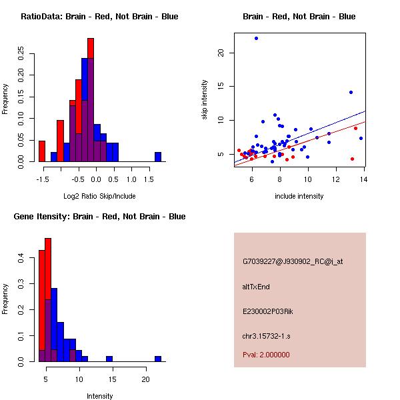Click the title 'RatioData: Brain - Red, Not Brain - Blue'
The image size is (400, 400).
pos(99,17)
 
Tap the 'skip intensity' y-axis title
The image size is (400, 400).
pos(205,100)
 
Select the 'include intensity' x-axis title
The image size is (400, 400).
pos(299,196)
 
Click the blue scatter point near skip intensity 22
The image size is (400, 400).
pos(256,39)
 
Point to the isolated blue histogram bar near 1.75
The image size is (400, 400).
pos(158,157)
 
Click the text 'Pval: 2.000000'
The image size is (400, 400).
pos(266,355)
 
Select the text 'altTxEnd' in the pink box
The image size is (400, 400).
pos(256,287)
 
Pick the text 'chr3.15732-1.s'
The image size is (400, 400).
pos(266,335)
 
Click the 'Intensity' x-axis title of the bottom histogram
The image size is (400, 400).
pos(100,396)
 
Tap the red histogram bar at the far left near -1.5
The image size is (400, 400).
pos(42,151)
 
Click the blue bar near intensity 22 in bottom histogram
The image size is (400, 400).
pos(158,359)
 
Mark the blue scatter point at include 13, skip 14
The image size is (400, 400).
pos(351,92)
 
